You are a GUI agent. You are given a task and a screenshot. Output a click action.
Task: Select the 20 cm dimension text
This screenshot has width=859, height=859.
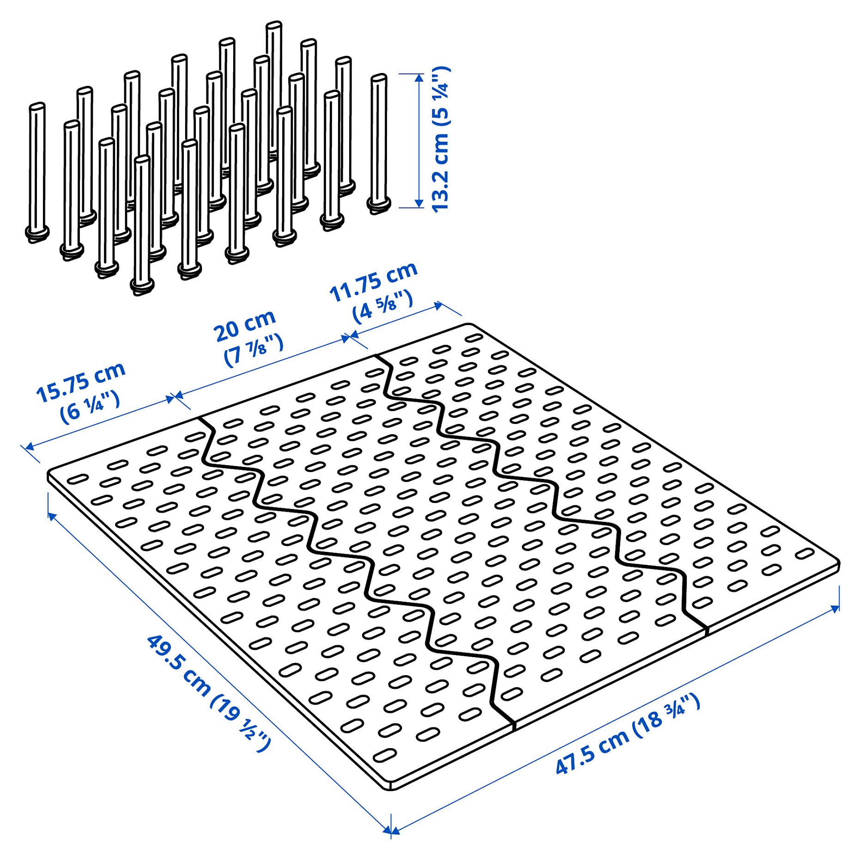pyautogui.click(x=244, y=326)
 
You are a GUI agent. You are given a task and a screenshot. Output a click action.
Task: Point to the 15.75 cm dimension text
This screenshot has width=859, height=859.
pyautogui.click(x=81, y=381)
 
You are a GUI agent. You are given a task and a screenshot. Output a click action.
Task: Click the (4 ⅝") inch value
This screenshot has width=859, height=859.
pyautogui.click(x=382, y=306)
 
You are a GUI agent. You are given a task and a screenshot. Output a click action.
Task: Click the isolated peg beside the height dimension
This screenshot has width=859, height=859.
pyautogui.click(x=379, y=143)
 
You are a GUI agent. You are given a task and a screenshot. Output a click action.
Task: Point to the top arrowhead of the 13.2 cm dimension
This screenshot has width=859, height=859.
pyautogui.click(x=419, y=78)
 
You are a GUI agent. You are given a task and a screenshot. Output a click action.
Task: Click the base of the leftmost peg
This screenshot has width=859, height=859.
pyautogui.click(x=37, y=233)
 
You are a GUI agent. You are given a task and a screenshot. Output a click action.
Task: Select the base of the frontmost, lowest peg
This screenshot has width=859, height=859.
pyautogui.click(x=142, y=286)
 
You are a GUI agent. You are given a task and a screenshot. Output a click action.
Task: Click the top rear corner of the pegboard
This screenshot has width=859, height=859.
pyautogui.click(x=469, y=325)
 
